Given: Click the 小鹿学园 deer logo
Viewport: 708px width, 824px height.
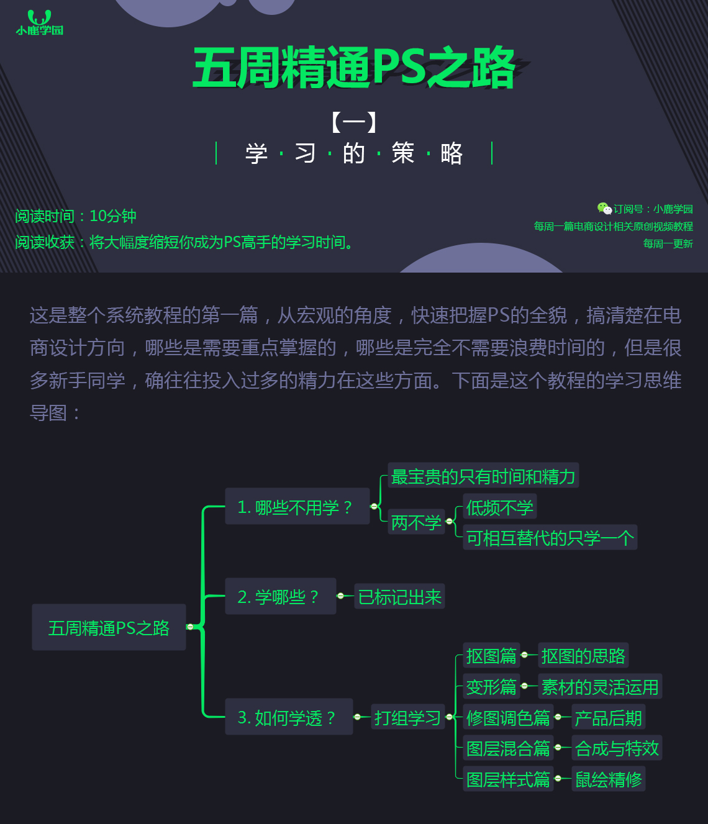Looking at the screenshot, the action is coord(39,22).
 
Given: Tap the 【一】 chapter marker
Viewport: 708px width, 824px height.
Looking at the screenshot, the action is coord(354,122).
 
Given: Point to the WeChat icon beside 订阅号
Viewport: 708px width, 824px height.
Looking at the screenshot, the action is coord(604,209).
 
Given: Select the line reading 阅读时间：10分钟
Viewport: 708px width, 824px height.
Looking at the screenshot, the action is coord(76,216).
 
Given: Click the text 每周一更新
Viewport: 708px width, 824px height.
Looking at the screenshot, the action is coord(668,243).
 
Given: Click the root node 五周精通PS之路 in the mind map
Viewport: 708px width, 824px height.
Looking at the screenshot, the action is coord(109,627).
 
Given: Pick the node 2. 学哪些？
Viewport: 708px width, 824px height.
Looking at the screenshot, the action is coord(280,596).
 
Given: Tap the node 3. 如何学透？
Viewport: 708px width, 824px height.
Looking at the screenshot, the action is coord(289,717).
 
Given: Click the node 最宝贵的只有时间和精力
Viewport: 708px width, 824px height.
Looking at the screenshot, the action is coord(483,476).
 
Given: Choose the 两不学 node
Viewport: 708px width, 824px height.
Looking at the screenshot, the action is coord(416,522).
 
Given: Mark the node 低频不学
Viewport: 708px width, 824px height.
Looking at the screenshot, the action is coord(499,507).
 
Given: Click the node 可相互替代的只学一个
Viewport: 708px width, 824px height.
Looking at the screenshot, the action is coord(550,538).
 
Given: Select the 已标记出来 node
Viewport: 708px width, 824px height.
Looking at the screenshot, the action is coord(399,597).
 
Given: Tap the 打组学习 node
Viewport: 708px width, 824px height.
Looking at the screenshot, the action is coord(407,718).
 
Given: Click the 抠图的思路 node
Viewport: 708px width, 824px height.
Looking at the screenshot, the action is coord(583,656).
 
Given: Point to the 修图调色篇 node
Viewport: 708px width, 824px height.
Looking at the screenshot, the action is coord(508,718).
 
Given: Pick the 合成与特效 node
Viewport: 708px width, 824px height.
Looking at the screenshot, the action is coord(617,748).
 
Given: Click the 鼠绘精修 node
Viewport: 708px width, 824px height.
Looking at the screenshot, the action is coord(608,779).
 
